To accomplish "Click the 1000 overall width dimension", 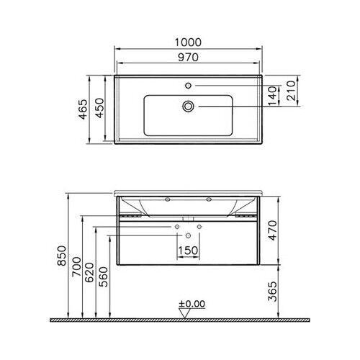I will click(x=188, y=42).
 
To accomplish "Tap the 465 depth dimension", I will click(x=84, y=109).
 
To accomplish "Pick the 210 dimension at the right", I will click(x=290, y=90).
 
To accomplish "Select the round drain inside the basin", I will click(x=189, y=106).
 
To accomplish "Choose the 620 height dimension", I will click(x=91, y=276).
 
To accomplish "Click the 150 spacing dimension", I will click(x=188, y=250).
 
